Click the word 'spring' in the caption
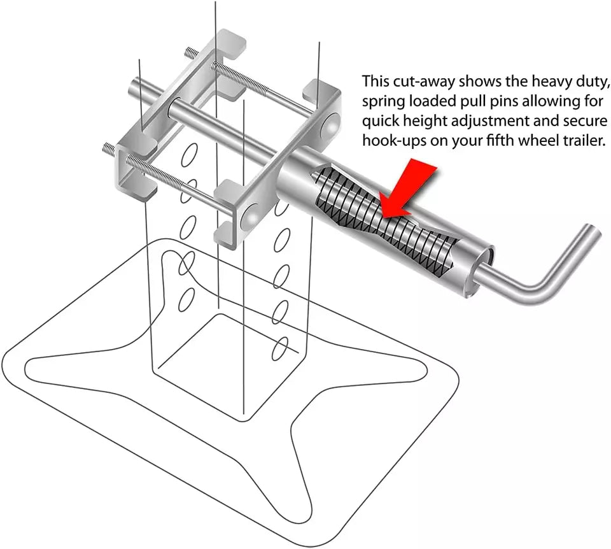[384, 101]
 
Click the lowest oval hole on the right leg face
[279, 349]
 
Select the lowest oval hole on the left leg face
[186, 299]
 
